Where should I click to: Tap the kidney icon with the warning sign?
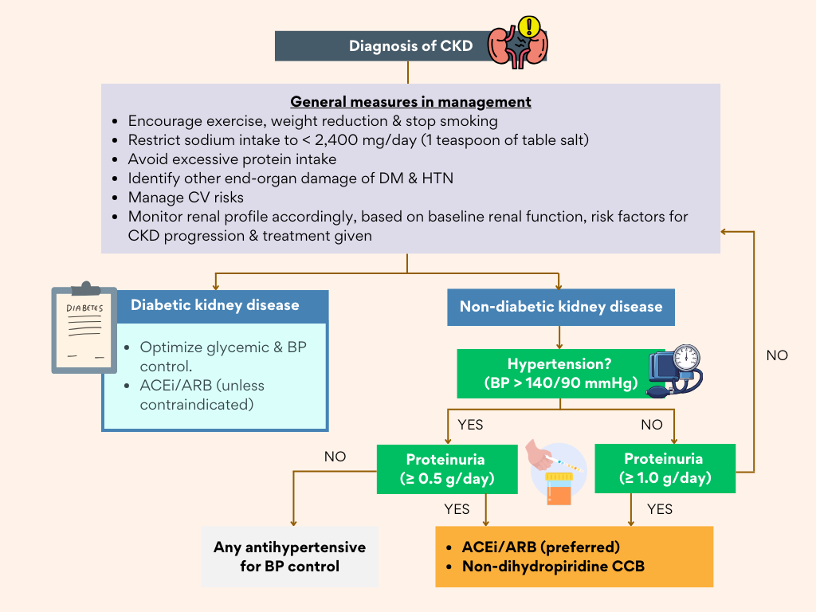518,42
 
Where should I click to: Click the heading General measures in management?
410,102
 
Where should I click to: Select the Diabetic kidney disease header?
215,305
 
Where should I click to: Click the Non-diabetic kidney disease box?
560,306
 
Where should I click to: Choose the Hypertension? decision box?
560,373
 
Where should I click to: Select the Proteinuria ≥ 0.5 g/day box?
445,469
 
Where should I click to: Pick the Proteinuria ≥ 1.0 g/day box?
663,469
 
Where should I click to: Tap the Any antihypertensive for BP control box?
289,557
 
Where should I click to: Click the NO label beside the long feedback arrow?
777,355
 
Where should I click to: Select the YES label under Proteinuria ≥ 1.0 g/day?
660,509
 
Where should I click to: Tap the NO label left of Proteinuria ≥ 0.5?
335,457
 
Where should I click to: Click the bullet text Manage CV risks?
186,198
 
